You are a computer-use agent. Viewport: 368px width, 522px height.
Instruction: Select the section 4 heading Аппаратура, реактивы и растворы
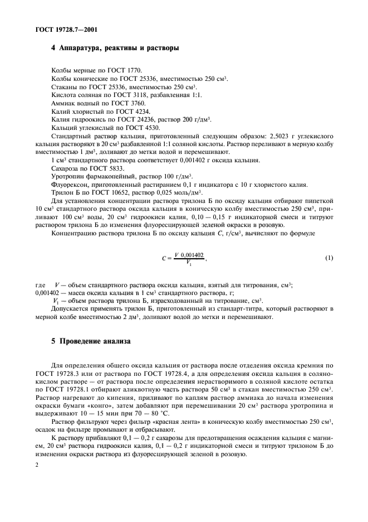coord(115,49)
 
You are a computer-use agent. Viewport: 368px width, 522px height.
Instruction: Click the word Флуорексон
coord(69,183)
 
